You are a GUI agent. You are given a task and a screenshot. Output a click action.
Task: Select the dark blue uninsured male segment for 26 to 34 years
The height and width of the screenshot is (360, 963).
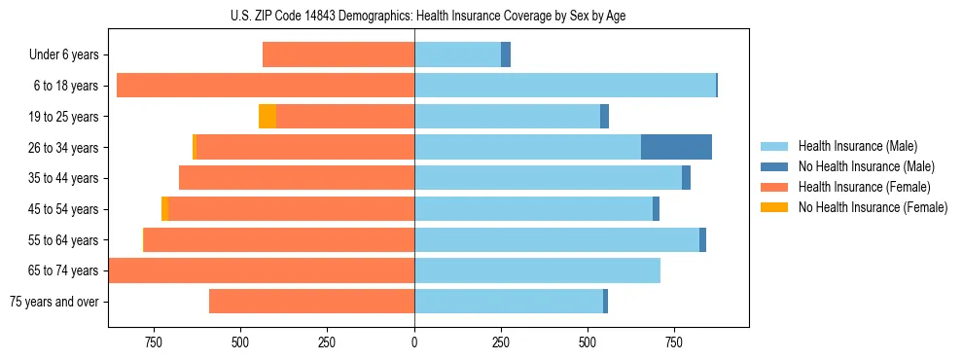tap(676, 147)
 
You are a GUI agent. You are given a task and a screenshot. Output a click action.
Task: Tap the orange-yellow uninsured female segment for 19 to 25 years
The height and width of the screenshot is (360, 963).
tap(267, 117)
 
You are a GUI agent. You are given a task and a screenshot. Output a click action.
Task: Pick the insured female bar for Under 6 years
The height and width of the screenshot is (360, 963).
tap(339, 54)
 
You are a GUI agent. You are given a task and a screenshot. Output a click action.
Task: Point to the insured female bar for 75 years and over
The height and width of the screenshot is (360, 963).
tap(311, 302)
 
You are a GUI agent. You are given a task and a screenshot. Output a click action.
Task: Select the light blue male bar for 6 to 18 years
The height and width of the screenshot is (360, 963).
tap(565, 86)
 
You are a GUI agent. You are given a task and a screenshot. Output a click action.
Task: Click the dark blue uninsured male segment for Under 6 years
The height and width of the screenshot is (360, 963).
tap(506, 54)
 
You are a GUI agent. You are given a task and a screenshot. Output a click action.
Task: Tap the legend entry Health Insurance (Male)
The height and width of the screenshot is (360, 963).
tap(857, 146)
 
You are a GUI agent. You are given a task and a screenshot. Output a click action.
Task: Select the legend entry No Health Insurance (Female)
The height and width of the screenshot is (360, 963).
tap(873, 207)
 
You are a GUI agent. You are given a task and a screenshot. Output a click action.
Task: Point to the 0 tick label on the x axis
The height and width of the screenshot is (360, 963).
tap(414, 342)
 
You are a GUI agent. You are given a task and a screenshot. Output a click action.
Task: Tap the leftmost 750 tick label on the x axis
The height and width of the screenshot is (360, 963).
tap(153, 342)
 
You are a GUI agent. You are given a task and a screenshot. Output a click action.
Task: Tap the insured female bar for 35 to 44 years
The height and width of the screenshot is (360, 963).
tap(297, 178)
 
